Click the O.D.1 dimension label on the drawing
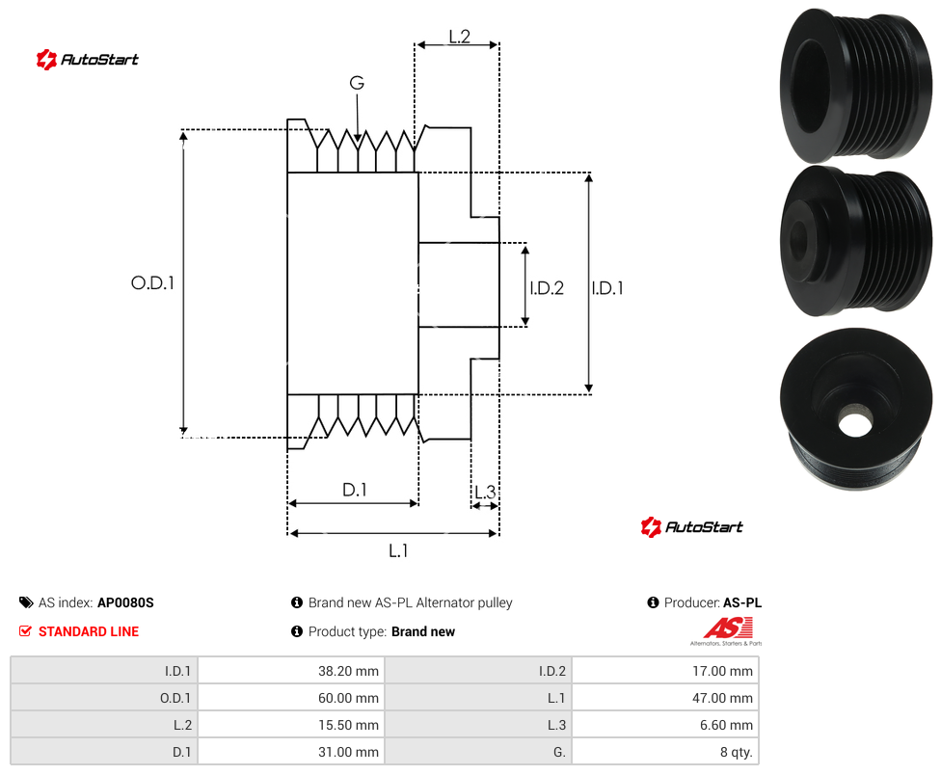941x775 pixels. point(152,282)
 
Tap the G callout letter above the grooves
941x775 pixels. point(357,83)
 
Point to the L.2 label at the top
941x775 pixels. point(459,37)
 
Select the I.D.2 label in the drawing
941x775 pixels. point(547,288)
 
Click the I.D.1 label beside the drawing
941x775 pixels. point(607,288)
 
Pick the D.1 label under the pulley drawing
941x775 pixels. point(354,490)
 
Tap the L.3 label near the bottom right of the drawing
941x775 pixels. point(485,492)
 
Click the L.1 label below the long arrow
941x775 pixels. point(398,550)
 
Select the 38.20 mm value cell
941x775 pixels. point(291,671)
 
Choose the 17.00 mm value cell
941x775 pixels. point(665,671)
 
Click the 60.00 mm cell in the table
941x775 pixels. point(291,698)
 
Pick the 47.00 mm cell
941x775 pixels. point(665,698)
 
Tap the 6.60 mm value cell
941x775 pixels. point(665,725)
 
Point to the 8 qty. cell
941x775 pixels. point(665,752)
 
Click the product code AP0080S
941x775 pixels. point(125,602)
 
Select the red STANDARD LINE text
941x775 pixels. point(89,631)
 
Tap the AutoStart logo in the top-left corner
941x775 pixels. point(88,59)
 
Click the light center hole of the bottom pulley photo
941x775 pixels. point(854,421)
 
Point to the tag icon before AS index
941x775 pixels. point(26,602)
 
